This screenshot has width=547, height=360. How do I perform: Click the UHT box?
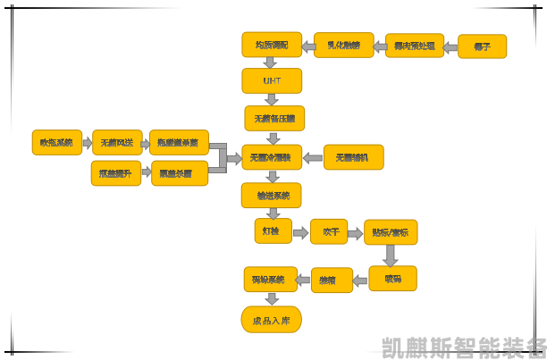[x=272, y=80]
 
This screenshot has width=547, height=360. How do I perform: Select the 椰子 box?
[x=482, y=46]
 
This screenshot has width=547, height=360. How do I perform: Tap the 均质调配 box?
[x=272, y=45]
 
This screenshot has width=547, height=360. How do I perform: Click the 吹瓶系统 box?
[x=56, y=143]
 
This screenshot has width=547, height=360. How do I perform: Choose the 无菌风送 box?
[x=117, y=143]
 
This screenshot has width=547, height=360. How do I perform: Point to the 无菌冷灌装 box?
[x=272, y=158]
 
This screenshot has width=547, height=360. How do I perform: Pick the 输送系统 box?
[x=272, y=195]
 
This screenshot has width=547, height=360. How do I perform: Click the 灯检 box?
[x=272, y=231]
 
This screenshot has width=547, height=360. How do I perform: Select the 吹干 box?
[x=329, y=231]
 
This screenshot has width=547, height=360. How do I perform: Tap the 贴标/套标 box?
[x=391, y=232]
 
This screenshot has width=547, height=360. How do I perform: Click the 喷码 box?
[x=392, y=279]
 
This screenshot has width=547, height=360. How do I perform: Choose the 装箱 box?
[x=332, y=280]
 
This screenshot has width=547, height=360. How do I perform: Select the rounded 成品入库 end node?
[x=272, y=320]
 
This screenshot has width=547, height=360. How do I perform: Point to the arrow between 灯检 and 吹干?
[x=300, y=231]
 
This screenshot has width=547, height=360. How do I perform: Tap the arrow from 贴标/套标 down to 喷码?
[x=391, y=255]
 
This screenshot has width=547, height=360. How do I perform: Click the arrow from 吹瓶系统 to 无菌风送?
[x=87, y=143]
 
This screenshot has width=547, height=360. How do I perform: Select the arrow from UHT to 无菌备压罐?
[x=272, y=99]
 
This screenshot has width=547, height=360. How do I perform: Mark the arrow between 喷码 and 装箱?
[x=361, y=280]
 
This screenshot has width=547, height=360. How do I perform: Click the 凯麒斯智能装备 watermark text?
[x=463, y=347]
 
